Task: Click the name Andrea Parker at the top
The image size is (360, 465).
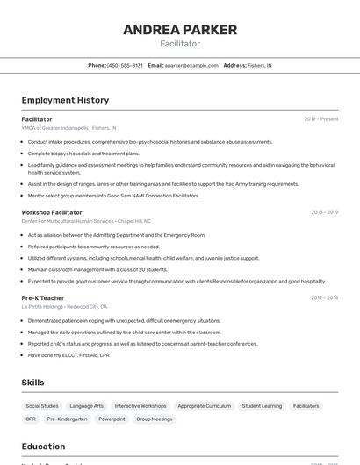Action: (x=179, y=30)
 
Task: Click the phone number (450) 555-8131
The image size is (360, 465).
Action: (x=125, y=65)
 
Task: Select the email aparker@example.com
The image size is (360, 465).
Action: (x=191, y=65)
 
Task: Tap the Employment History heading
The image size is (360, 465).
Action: (x=65, y=100)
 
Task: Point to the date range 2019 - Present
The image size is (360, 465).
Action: (x=321, y=118)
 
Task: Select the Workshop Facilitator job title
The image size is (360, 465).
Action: (x=52, y=212)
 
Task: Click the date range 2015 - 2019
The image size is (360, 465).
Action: (x=324, y=212)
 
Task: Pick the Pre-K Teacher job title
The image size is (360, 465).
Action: (x=43, y=298)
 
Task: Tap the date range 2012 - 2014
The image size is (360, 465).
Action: (x=324, y=298)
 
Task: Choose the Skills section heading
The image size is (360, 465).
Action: (x=33, y=383)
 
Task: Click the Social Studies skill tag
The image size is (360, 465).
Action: (x=42, y=406)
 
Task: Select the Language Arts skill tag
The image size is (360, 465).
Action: (x=87, y=406)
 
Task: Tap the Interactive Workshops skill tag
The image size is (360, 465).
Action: (x=140, y=406)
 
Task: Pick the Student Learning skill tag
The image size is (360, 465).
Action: (x=262, y=406)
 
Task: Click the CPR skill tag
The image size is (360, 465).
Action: (x=31, y=419)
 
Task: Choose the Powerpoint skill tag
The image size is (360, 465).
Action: (x=112, y=419)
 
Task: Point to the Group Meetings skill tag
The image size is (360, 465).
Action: (x=155, y=419)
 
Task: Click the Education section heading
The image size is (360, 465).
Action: (x=44, y=447)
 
